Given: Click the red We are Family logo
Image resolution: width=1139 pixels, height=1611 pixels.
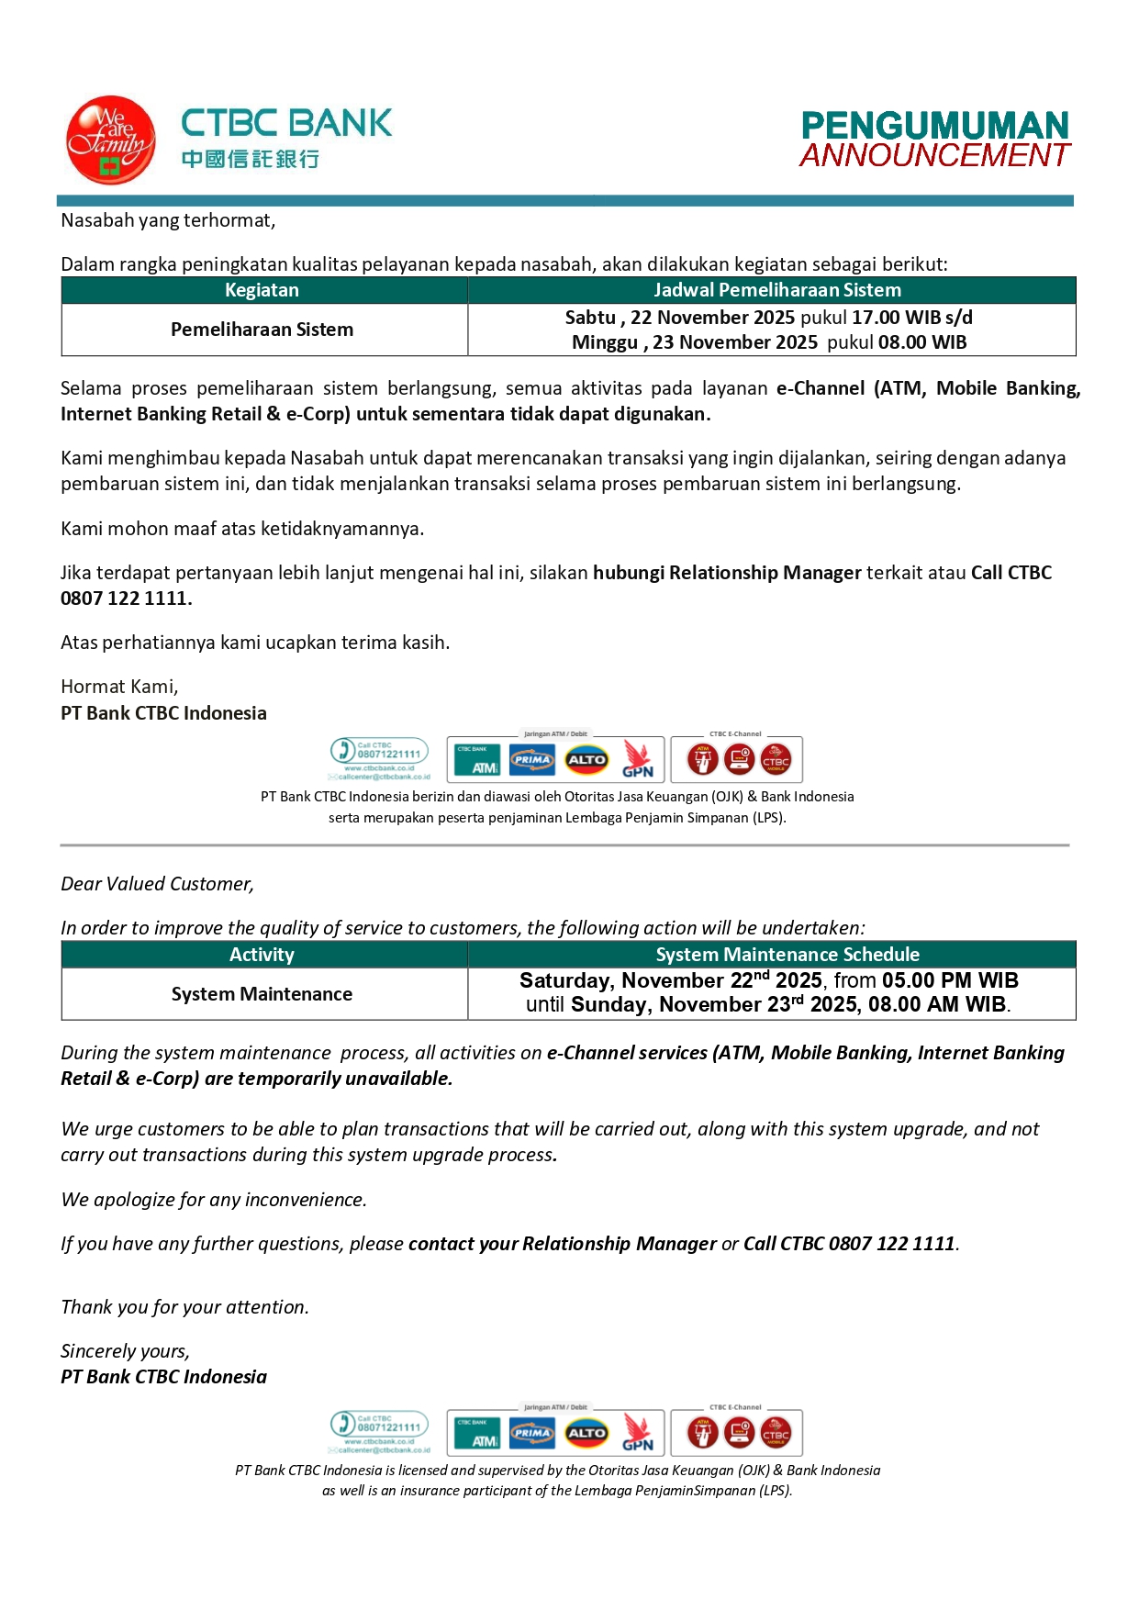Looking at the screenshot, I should (x=110, y=140).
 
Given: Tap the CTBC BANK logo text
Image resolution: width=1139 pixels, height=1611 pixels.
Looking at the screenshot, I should (x=286, y=123).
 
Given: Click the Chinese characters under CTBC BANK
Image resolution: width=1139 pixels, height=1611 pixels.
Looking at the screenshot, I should (x=250, y=159).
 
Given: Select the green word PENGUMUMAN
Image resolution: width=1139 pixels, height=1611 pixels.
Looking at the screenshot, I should (x=934, y=125).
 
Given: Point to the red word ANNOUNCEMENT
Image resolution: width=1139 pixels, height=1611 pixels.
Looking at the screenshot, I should (x=934, y=155).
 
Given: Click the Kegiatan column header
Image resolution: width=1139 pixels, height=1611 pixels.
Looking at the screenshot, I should (x=262, y=290).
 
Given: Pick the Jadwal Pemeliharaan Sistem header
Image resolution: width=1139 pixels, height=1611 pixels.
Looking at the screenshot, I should (x=776, y=290).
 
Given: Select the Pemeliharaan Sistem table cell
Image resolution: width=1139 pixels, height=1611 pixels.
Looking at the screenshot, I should (x=262, y=330).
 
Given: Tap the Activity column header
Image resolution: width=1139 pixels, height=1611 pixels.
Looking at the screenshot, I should (x=262, y=955).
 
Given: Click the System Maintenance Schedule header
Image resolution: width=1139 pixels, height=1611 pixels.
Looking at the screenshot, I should (x=787, y=955).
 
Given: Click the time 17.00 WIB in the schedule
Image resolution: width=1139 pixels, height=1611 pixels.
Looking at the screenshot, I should (x=896, y=318).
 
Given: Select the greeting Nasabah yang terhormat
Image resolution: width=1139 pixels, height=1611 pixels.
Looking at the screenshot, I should (x=168, y=220).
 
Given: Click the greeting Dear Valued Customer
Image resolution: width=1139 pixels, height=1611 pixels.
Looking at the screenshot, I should (x=157, y=884).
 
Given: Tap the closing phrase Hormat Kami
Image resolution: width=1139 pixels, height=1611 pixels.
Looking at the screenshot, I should (x=119, y=687).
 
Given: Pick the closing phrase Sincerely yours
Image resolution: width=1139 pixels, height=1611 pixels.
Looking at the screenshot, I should (x=125, y=1351).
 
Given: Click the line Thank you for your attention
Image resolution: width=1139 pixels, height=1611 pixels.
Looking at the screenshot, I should (x=184, y=1307).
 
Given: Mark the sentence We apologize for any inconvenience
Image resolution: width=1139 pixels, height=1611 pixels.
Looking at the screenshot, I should (x=214, y=1200).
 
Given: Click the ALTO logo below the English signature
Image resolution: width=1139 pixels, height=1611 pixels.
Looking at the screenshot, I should (x=586, y=1433).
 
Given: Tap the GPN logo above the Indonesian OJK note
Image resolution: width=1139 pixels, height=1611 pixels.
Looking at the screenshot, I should (x=638, y=760).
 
